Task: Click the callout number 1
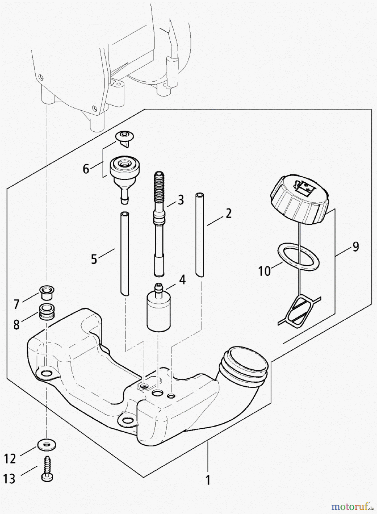(208, 480)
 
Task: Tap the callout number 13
(9, 479)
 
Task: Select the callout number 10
(265, 271)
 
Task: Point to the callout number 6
(86, 169)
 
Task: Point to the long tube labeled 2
(200, 234)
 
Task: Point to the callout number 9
(355, 246)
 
